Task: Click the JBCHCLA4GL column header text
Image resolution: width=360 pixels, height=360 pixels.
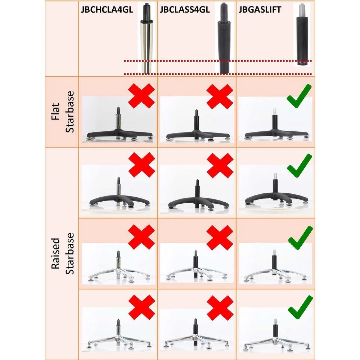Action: tap(107, 10)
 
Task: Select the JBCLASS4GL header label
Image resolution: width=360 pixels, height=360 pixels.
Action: tap(185, 10)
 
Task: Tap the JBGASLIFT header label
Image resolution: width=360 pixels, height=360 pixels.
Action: tap(260, 10)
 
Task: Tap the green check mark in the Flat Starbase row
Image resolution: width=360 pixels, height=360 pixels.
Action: tap(299, 96)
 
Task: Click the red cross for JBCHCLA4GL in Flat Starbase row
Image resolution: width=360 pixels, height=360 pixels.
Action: tap(141, 96)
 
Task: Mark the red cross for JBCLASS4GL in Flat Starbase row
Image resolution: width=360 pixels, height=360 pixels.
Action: tap(220, 96)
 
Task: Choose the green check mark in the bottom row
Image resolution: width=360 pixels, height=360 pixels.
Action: tap(300, 307)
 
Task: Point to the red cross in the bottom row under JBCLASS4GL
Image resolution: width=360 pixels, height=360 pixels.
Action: tap(220, 308)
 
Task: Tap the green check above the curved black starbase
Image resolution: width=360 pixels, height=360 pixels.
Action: tap(300, 166)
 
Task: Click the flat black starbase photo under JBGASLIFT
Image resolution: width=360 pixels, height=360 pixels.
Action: tap(275, 119)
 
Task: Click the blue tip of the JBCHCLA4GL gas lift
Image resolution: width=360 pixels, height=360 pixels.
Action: tap(146, 4)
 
